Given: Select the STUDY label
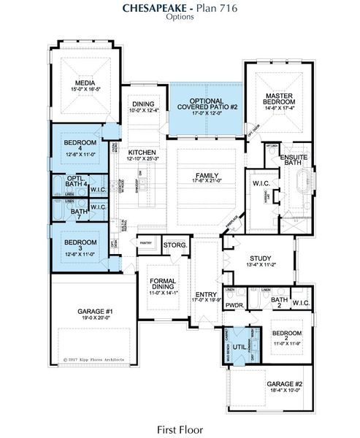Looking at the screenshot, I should click(x=260, y=258).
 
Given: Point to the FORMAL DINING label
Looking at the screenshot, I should click(x=164, y=283).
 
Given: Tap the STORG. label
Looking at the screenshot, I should click(x=175, y=245).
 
